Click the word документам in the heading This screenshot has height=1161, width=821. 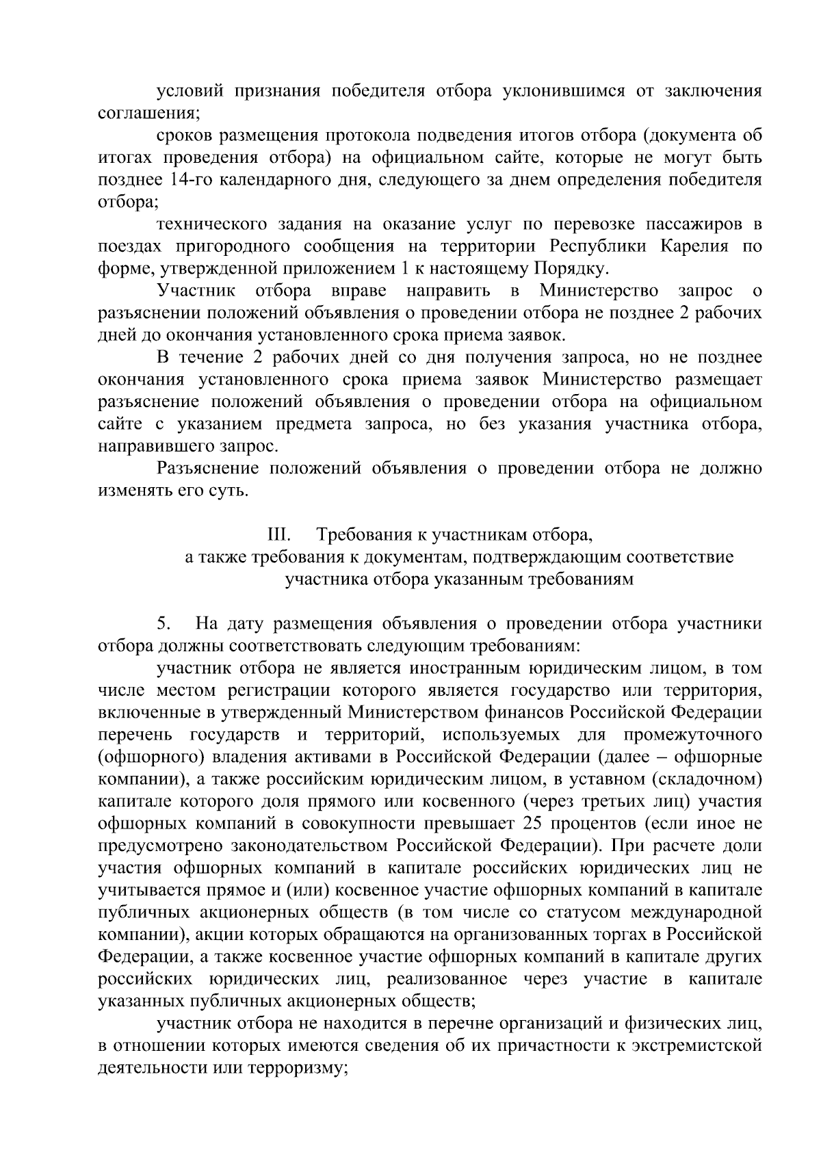[x=417, y=558]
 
